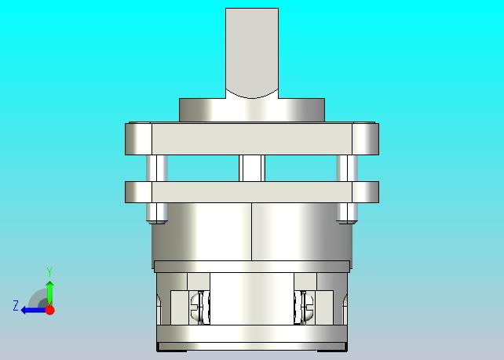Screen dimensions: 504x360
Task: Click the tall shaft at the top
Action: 252,53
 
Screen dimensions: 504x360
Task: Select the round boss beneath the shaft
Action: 252,110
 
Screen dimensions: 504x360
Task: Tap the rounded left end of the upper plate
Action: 138,139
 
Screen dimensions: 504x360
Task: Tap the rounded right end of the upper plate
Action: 366,139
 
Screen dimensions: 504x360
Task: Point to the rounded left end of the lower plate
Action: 138,192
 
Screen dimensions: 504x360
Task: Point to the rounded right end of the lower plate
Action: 366,192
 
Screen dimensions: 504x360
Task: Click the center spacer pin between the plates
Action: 252,169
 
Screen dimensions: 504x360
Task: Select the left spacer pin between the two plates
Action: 157,169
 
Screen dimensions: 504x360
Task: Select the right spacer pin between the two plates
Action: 347,169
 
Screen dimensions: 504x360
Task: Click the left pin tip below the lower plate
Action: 157,213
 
